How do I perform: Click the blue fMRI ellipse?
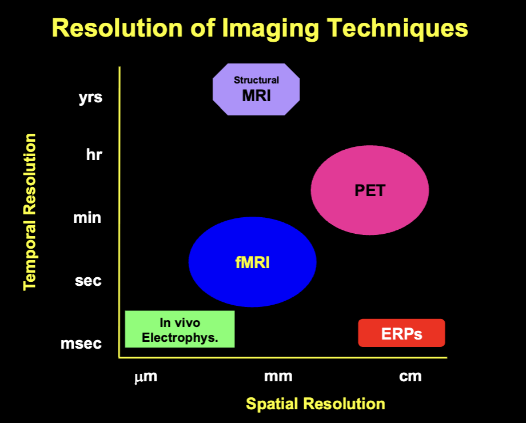point(252,262)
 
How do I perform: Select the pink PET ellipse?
point(370,190)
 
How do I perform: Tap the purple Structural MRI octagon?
point(256,90)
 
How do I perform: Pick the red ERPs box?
point(401,333)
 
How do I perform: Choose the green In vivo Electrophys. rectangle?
point(180,329)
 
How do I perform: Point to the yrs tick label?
point(90,98)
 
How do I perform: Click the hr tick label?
point(94,154)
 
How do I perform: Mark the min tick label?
point(87,218)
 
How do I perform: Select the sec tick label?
point(88,281)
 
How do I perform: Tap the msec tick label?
point(81,344)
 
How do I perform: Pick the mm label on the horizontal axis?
point(278,376)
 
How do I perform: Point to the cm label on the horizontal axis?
point(411,376)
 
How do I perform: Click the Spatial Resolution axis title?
point(316,404)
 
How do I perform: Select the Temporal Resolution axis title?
point(30,212)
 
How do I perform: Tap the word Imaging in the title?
point(270,29)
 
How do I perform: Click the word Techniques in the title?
point(397,28)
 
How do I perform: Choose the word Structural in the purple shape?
point(256,80)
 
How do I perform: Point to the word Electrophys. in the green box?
point(180,337)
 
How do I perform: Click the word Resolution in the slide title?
point(117,28)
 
